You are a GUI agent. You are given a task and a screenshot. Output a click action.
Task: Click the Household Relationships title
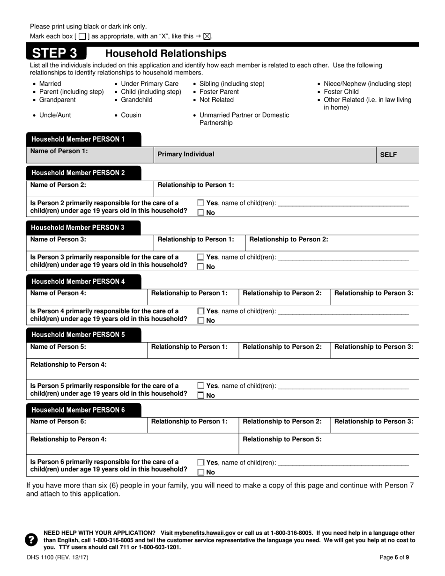(x=165, y=53)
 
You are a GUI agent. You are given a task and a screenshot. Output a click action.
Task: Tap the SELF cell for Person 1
(x=388, y=155)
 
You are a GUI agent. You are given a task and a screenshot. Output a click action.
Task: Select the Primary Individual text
(x=186, y=154)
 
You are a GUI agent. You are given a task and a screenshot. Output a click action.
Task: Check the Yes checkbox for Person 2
(x=200, y=203)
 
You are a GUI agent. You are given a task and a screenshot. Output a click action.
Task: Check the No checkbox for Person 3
(x=200, y=267)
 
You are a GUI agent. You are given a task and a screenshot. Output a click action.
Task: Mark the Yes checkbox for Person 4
(x=200, y=311)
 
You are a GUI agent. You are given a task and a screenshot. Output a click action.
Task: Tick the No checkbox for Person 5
(x=200, y=396)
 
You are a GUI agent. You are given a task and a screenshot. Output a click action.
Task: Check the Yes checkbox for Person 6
(x=200, y=463)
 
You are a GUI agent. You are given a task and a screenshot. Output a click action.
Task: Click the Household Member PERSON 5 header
(x=78, y=335)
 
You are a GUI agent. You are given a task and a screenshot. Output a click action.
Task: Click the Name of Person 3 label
(x=58, y=239)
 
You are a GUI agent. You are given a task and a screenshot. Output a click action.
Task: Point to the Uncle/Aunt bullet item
(x=55, y=115)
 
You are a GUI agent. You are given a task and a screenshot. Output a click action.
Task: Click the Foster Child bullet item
(x=341, y=92)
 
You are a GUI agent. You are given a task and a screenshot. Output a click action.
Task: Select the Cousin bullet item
(x=131, y=115)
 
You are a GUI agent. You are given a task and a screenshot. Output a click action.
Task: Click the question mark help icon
(x=31, y=540)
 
